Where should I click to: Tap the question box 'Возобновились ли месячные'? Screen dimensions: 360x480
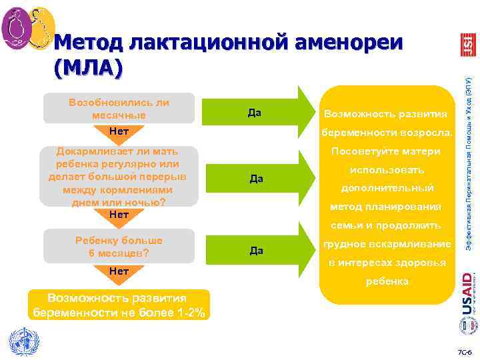coord(119,109)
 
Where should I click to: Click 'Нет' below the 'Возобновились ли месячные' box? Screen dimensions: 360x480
coord(119,131)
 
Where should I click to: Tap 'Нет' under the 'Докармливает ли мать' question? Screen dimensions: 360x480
coord(119,215)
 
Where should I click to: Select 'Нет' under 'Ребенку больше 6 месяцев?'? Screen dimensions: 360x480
coord(119,271)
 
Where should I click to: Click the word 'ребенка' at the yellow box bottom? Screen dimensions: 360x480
coord(387,281)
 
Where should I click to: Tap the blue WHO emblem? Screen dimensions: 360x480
coord(21,341)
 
